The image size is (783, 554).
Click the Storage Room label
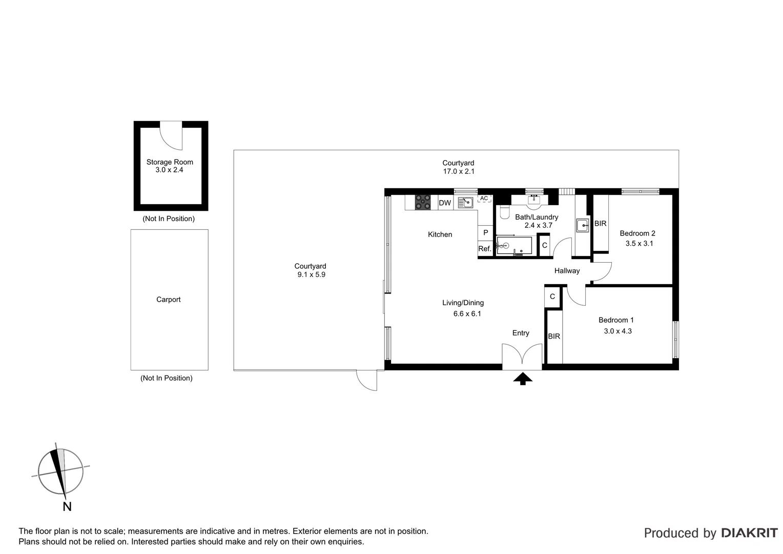[x=170, y=162]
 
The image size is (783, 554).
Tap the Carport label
[x=169, y=300]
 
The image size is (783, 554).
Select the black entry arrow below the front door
[x=523, y=379]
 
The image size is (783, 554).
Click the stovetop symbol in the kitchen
[x=423, y=202]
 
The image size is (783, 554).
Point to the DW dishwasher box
[x=445, y=203]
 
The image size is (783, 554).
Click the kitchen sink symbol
[x=465, y=203]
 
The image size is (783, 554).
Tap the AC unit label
[x=484, y=198]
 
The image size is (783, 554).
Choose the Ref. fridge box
[x=485, y=249]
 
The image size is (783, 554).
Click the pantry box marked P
[x=485, y=232]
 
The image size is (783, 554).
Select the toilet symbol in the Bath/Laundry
[x=504, y=212]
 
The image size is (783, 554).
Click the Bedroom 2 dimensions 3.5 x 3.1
[x=639, y=244]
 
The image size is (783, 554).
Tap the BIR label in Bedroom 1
[x=554, y=337]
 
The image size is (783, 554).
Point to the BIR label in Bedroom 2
[x=600, y=224]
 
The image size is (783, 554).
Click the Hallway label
[x=567, y=271]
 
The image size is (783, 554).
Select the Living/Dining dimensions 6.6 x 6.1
[x=467, y=314]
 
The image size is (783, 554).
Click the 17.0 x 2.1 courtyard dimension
[x=459, y=171]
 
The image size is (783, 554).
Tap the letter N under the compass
[x=67, y=507]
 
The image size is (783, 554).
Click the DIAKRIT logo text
[x=749, y=533]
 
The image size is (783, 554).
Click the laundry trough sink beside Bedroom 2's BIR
[x=582, y=225]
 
